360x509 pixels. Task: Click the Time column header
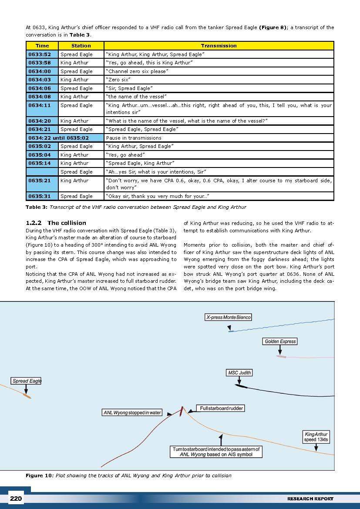point(42,46)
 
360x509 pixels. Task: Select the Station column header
point(81,46)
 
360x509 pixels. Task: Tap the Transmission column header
point(219,46)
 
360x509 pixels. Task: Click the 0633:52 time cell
point(42,54)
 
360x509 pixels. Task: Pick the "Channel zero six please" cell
point(219,71)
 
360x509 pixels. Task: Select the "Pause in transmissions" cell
point(219,138)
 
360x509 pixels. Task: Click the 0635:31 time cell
point(42,196)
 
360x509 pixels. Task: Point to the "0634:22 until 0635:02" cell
point(64,138)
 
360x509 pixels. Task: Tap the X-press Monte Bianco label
point(229,317)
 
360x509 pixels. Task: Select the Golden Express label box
point(280,342)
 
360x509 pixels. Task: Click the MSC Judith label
point(239,373)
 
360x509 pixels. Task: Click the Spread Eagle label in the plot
point(27,381)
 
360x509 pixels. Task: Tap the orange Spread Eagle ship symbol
point(27,396)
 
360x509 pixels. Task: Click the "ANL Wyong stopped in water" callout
point(132,412)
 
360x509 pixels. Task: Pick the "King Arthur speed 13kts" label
point(316,437)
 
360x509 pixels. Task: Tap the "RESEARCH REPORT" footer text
point(310,499)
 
